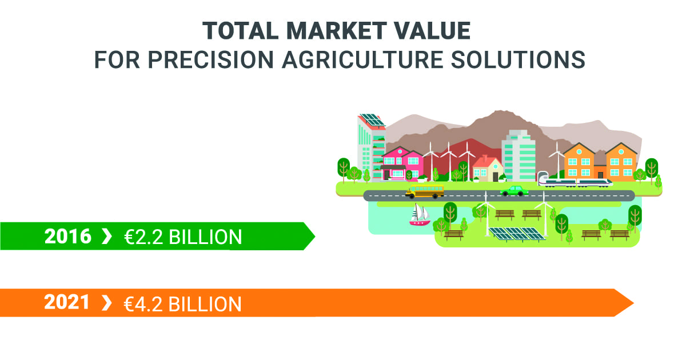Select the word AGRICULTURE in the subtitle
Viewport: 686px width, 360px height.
coord(362,59)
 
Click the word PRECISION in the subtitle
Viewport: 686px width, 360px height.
coord(211,59)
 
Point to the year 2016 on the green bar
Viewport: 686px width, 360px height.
coord(67,237)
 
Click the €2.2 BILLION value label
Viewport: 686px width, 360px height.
coord(183,237)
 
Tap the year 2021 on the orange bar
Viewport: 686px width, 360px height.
coord(67,302)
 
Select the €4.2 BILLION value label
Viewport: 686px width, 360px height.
coord(182,304)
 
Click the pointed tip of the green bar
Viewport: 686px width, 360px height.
coord(315,236)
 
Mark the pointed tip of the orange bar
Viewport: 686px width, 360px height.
coord(633,303)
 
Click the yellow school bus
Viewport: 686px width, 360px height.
coord(424,191)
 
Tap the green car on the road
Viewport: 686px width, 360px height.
coord(514,191)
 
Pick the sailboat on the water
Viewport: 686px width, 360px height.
coord(420,215)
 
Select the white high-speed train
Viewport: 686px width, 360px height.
coord(575,182)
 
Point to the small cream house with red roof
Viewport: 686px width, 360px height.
coord(488,169)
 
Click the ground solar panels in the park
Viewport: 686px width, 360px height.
coord(517,234)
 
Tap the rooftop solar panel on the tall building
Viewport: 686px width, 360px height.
coord(372,120)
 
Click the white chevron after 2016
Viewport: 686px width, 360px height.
coord(106,237)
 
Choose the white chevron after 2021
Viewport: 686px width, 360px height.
coord(106,303)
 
